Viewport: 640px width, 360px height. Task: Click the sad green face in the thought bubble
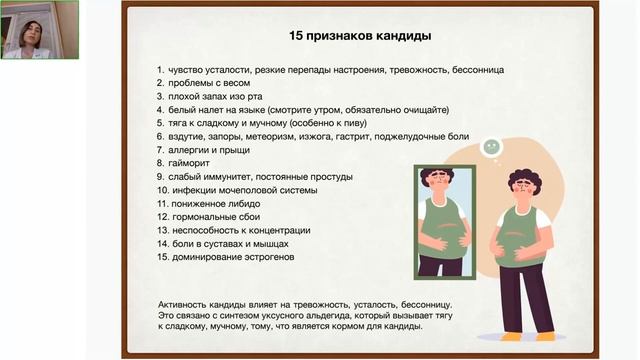coord(491,146)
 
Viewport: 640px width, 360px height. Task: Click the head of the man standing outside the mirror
coord(522,186)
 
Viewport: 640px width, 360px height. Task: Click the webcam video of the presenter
coord(40,30)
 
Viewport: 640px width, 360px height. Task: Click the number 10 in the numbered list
coord(161,189)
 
